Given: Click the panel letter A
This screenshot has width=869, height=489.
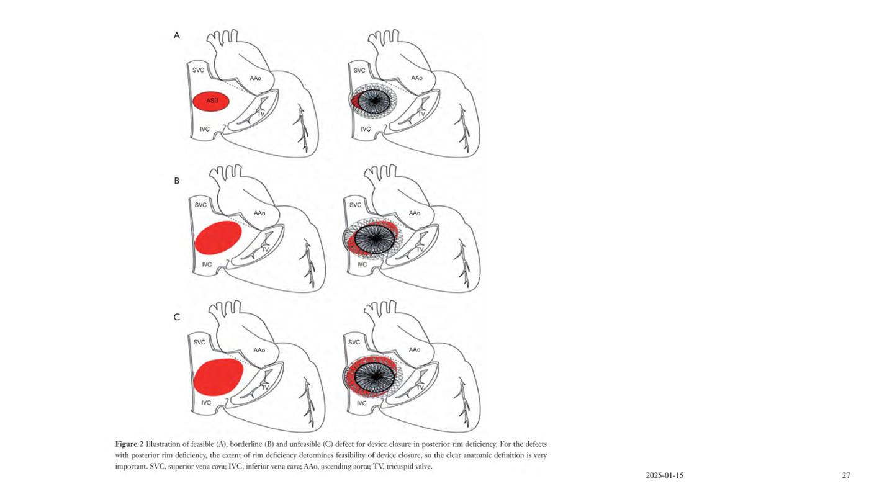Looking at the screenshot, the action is pos(176,35).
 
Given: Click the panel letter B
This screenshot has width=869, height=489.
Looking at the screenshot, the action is pos(176,181).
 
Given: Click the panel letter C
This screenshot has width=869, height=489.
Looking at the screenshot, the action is pos(176,317).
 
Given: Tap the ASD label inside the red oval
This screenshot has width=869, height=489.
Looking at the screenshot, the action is pos(212,101).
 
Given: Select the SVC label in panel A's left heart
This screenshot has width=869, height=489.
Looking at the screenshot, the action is pos(198,70).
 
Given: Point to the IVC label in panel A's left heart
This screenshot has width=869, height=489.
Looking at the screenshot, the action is pos(204,128).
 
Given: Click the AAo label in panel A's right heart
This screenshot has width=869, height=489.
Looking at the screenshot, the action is pos(416,78).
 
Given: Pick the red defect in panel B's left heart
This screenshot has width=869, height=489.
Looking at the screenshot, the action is pos(218,237).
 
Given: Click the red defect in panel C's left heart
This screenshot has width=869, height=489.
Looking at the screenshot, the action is pos(218,377).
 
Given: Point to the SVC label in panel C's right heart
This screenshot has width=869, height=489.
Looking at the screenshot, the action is pos(354,343).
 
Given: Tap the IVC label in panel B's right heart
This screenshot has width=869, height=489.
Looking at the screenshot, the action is pos(362,264).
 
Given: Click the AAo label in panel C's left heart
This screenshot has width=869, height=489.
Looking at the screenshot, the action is pos(259,350).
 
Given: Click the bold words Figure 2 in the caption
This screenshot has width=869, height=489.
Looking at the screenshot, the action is pos(129,444).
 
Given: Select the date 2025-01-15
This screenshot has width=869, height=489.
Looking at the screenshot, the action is pos(665,475).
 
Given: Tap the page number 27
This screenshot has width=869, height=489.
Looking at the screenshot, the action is pos(846,475).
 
